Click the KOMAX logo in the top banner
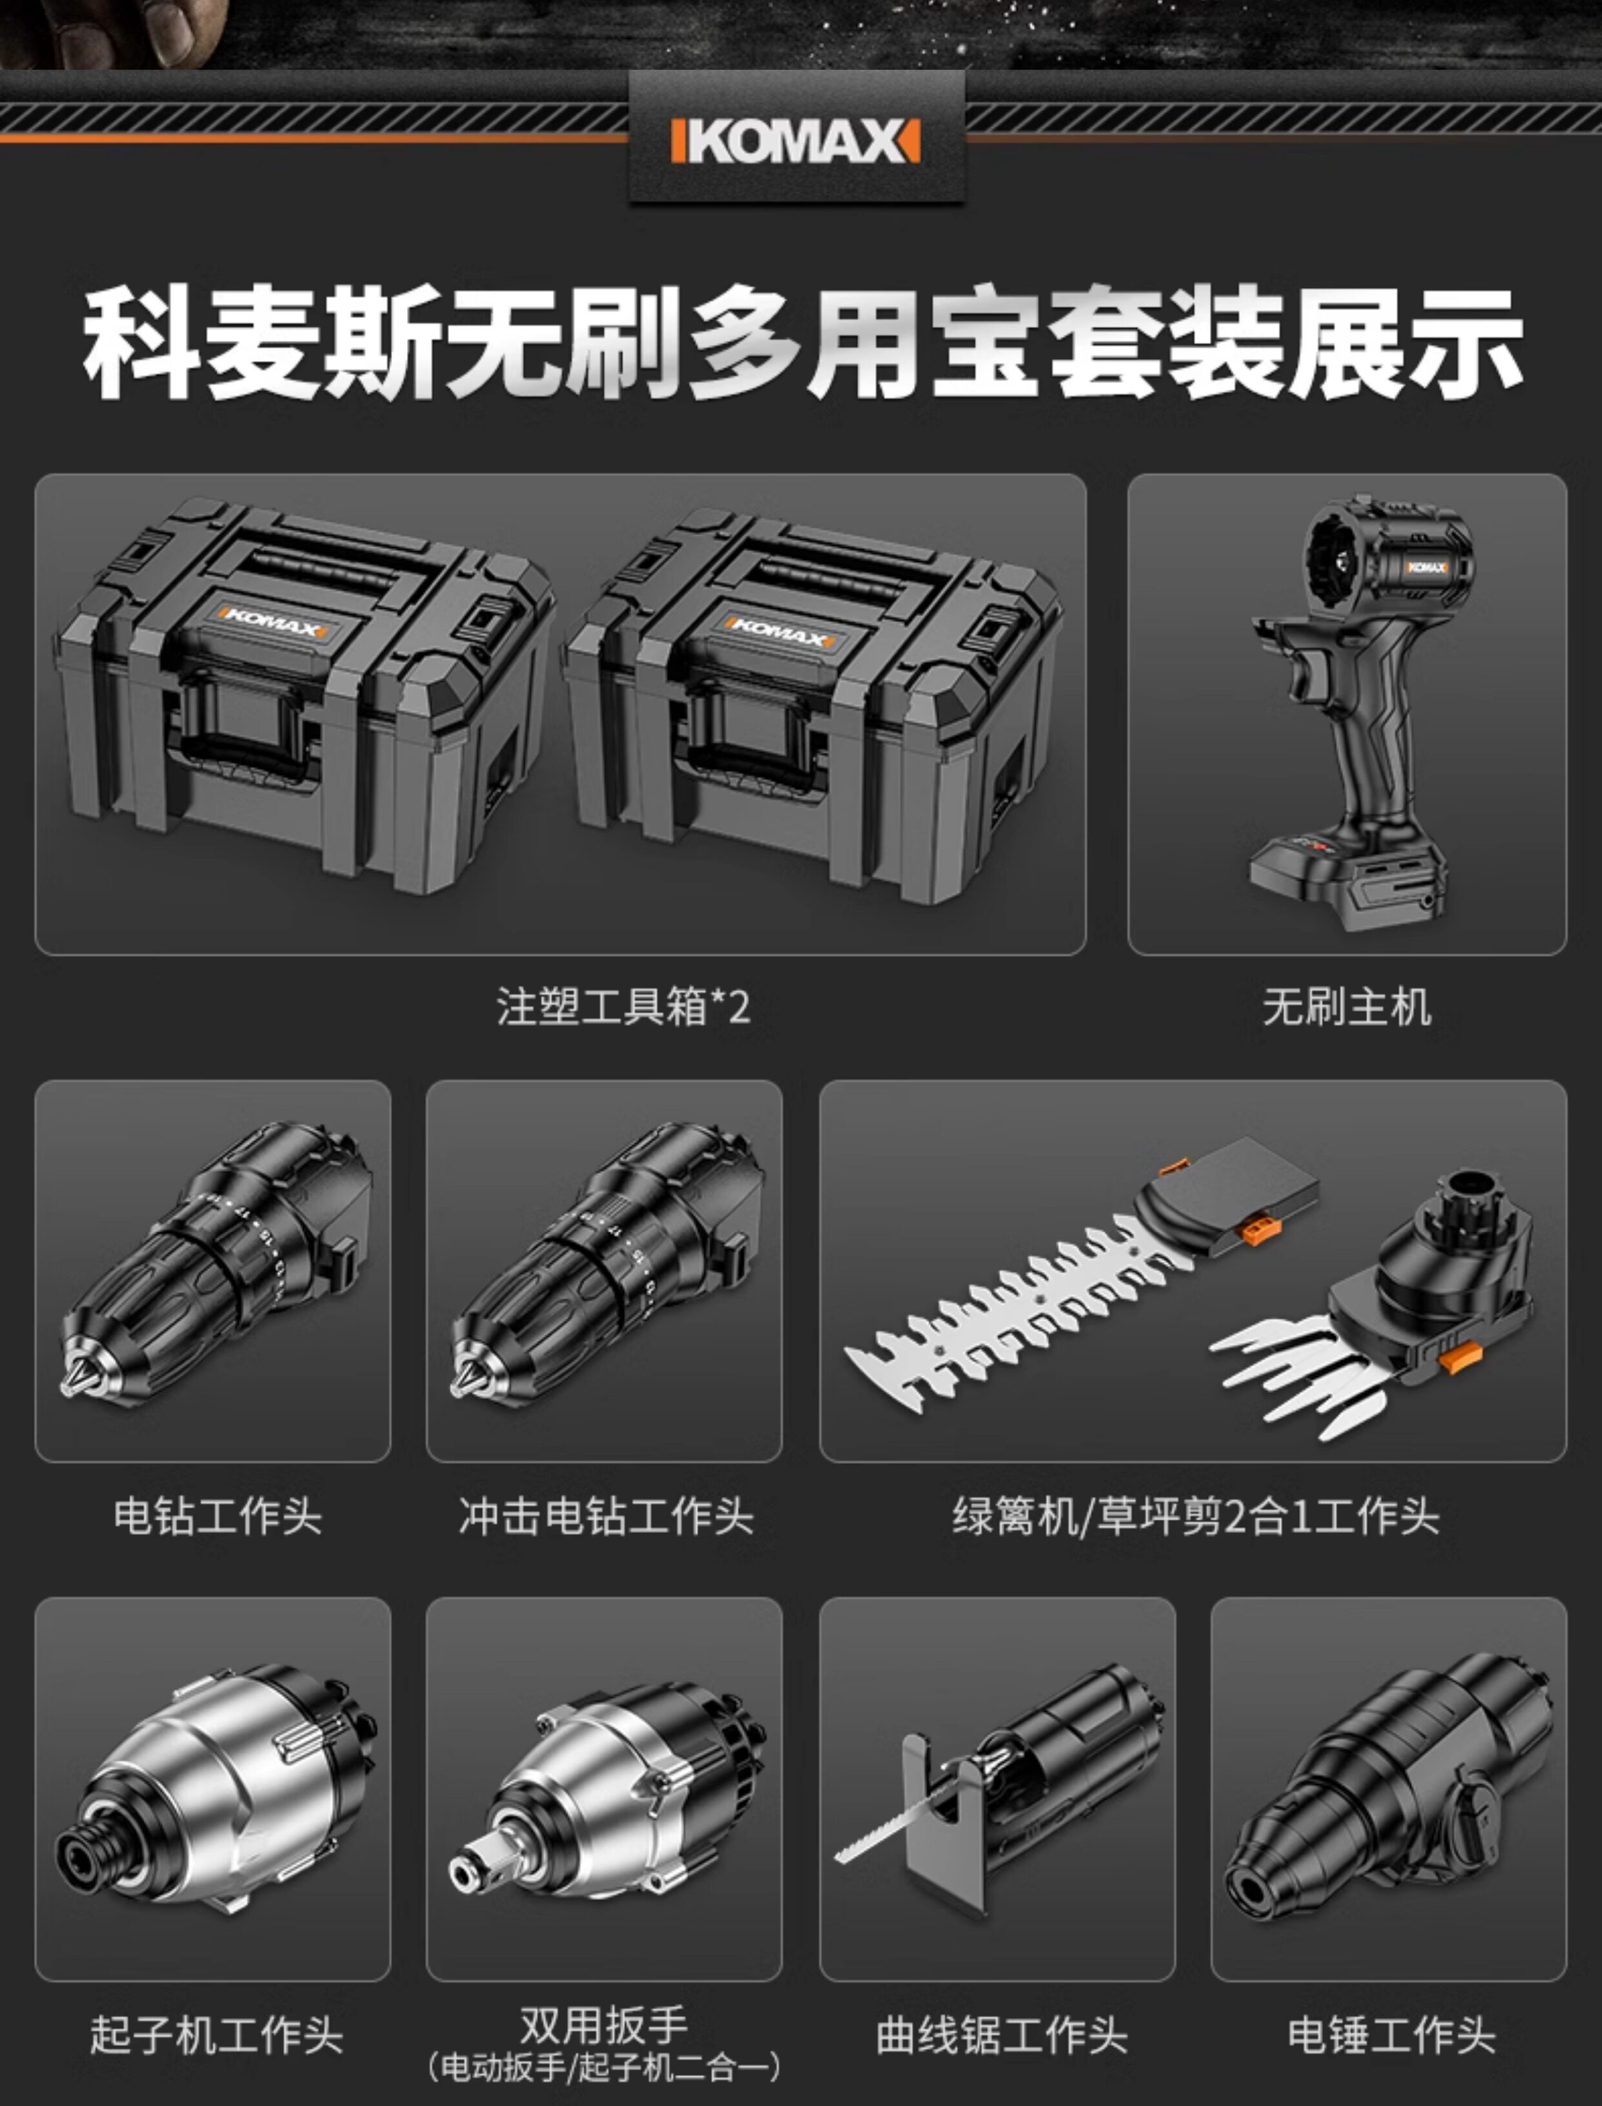point(796,141)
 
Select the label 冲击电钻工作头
point(605,1516)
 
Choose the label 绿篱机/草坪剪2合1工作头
point(1195,1516)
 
